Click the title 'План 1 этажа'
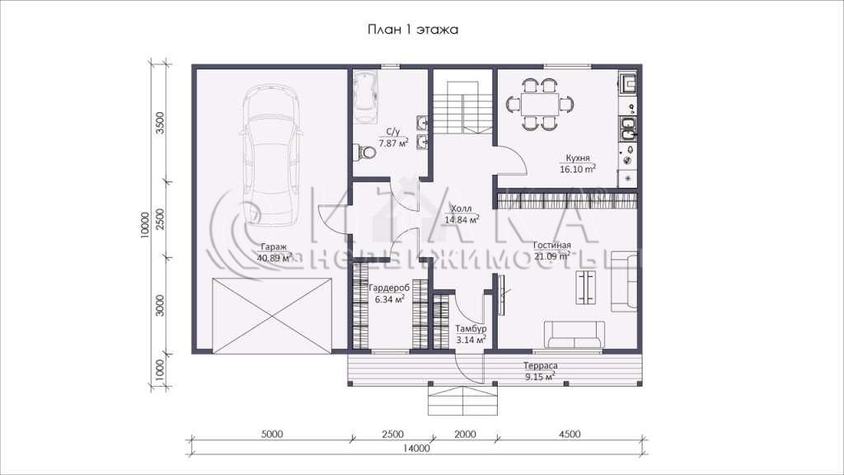[x=413, y=29]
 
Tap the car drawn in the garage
[x=271, y=156]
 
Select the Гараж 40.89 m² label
[x=274, y=252]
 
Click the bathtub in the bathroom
[x=365, y=97]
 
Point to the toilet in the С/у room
[x=365, y=153]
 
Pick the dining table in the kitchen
[x=540, y=103]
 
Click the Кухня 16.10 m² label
[x=578, y=164]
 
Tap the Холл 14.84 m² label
[x=462, y=214]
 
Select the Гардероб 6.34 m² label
[x=389, y=294]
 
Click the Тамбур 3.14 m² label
[x=471, y=334]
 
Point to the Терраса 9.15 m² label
[x=541, y=371]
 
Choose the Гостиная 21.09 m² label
[x=552, y=251]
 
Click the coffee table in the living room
[x=586, y=287]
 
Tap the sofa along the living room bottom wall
[x=574, y=335]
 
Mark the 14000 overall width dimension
[x=416, y=448]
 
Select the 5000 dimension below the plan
[x=271, y=434]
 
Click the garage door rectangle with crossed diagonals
[x=272, y=316]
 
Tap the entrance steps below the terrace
[x=462, y=399]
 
